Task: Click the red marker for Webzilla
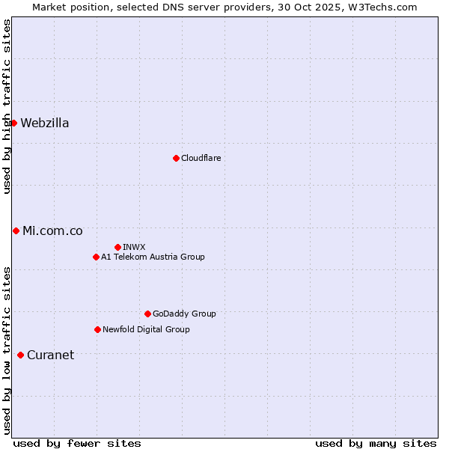[13, 123]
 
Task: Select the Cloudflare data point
[176, 158]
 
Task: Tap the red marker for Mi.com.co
[16, 230]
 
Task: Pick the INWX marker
[117, 247]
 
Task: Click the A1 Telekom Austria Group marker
[96, 257]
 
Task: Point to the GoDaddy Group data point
[147, 314]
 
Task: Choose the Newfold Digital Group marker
[97, 329]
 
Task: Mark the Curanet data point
[20, 355]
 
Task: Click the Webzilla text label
[45, 123]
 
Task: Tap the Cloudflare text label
[201, 158]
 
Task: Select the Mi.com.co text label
[52, 231]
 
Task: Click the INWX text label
[134, 247]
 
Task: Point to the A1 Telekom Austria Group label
[153, 257]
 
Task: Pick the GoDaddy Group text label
[184, 314]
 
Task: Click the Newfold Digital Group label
[146, 329]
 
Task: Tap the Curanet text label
[50, 355]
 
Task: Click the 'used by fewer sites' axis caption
[77, 443]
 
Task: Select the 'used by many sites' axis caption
[376, 443]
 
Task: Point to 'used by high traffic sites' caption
[7, 106]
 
